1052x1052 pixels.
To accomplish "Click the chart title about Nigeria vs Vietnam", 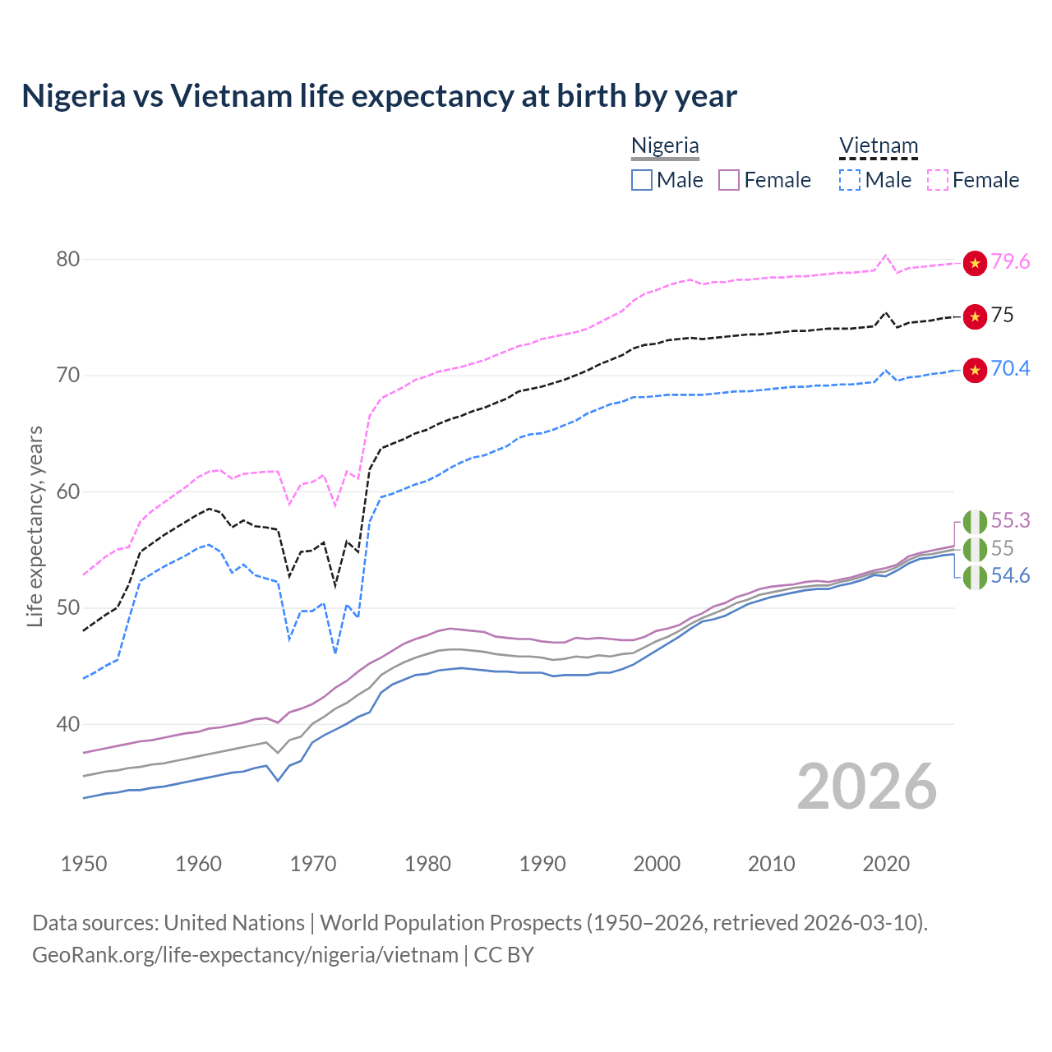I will coord(379,96).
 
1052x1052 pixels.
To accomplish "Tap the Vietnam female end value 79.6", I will coord(1010,261).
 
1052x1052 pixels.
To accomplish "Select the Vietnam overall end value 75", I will coord(1002,315).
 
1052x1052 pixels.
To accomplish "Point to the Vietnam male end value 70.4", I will coord(1010,368).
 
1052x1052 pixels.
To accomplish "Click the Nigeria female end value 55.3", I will coord(1010,520).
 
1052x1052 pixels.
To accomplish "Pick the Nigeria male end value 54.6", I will coord(1010,575).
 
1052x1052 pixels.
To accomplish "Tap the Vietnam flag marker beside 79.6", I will coord(975,263).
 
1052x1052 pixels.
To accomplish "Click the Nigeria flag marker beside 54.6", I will coord(975,577).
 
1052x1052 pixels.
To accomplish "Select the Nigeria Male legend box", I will coord(642,180).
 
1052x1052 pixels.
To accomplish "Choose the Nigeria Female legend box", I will coord(729,180).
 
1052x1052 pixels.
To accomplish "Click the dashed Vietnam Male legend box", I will coord(850,180).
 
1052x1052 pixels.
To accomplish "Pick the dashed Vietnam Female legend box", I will coord(938,180).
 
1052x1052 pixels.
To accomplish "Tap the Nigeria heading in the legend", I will coord(665,145).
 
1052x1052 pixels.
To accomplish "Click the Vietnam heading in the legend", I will coord(878,145).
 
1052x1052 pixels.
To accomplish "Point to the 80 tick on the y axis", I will coord(68,260).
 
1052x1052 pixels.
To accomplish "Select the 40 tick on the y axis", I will coord(68,725).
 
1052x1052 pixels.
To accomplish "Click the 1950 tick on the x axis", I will coord(84,864).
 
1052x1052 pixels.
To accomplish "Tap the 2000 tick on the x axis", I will coord(657,864).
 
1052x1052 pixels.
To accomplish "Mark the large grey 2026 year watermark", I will coord(867,787).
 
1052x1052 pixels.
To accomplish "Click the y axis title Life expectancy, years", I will coord(35,526).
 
